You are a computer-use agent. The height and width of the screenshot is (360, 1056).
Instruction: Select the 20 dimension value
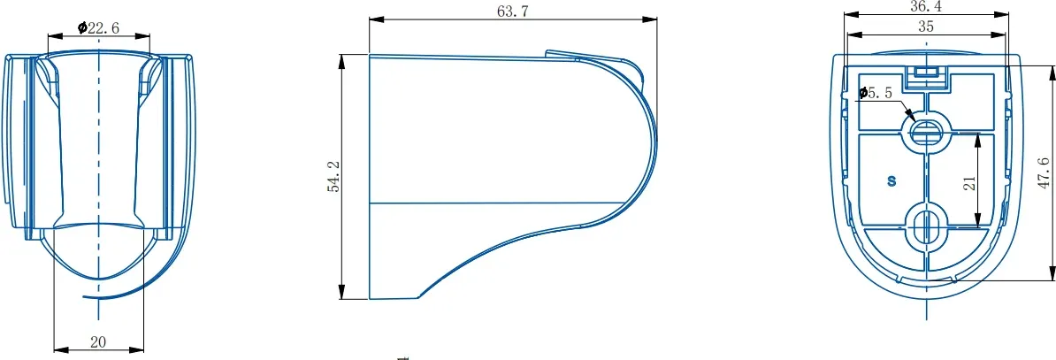pos(98,341)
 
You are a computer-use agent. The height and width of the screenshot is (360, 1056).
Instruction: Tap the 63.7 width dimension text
pos(512,11)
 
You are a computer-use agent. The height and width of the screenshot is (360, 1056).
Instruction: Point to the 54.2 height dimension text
pos(333,177)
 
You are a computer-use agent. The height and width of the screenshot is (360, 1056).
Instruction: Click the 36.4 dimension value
pos(926,6)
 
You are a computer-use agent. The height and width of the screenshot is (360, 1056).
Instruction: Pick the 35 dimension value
pos(926,27)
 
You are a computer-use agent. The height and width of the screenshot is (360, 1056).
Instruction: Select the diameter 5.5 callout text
pos(876,93)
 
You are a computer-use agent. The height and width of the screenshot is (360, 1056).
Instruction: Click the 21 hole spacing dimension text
pos(969,183)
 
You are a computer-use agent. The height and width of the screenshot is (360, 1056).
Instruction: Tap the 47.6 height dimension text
pos(1044,173)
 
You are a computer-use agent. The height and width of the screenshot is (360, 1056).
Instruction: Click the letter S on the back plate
pos(891,180)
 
